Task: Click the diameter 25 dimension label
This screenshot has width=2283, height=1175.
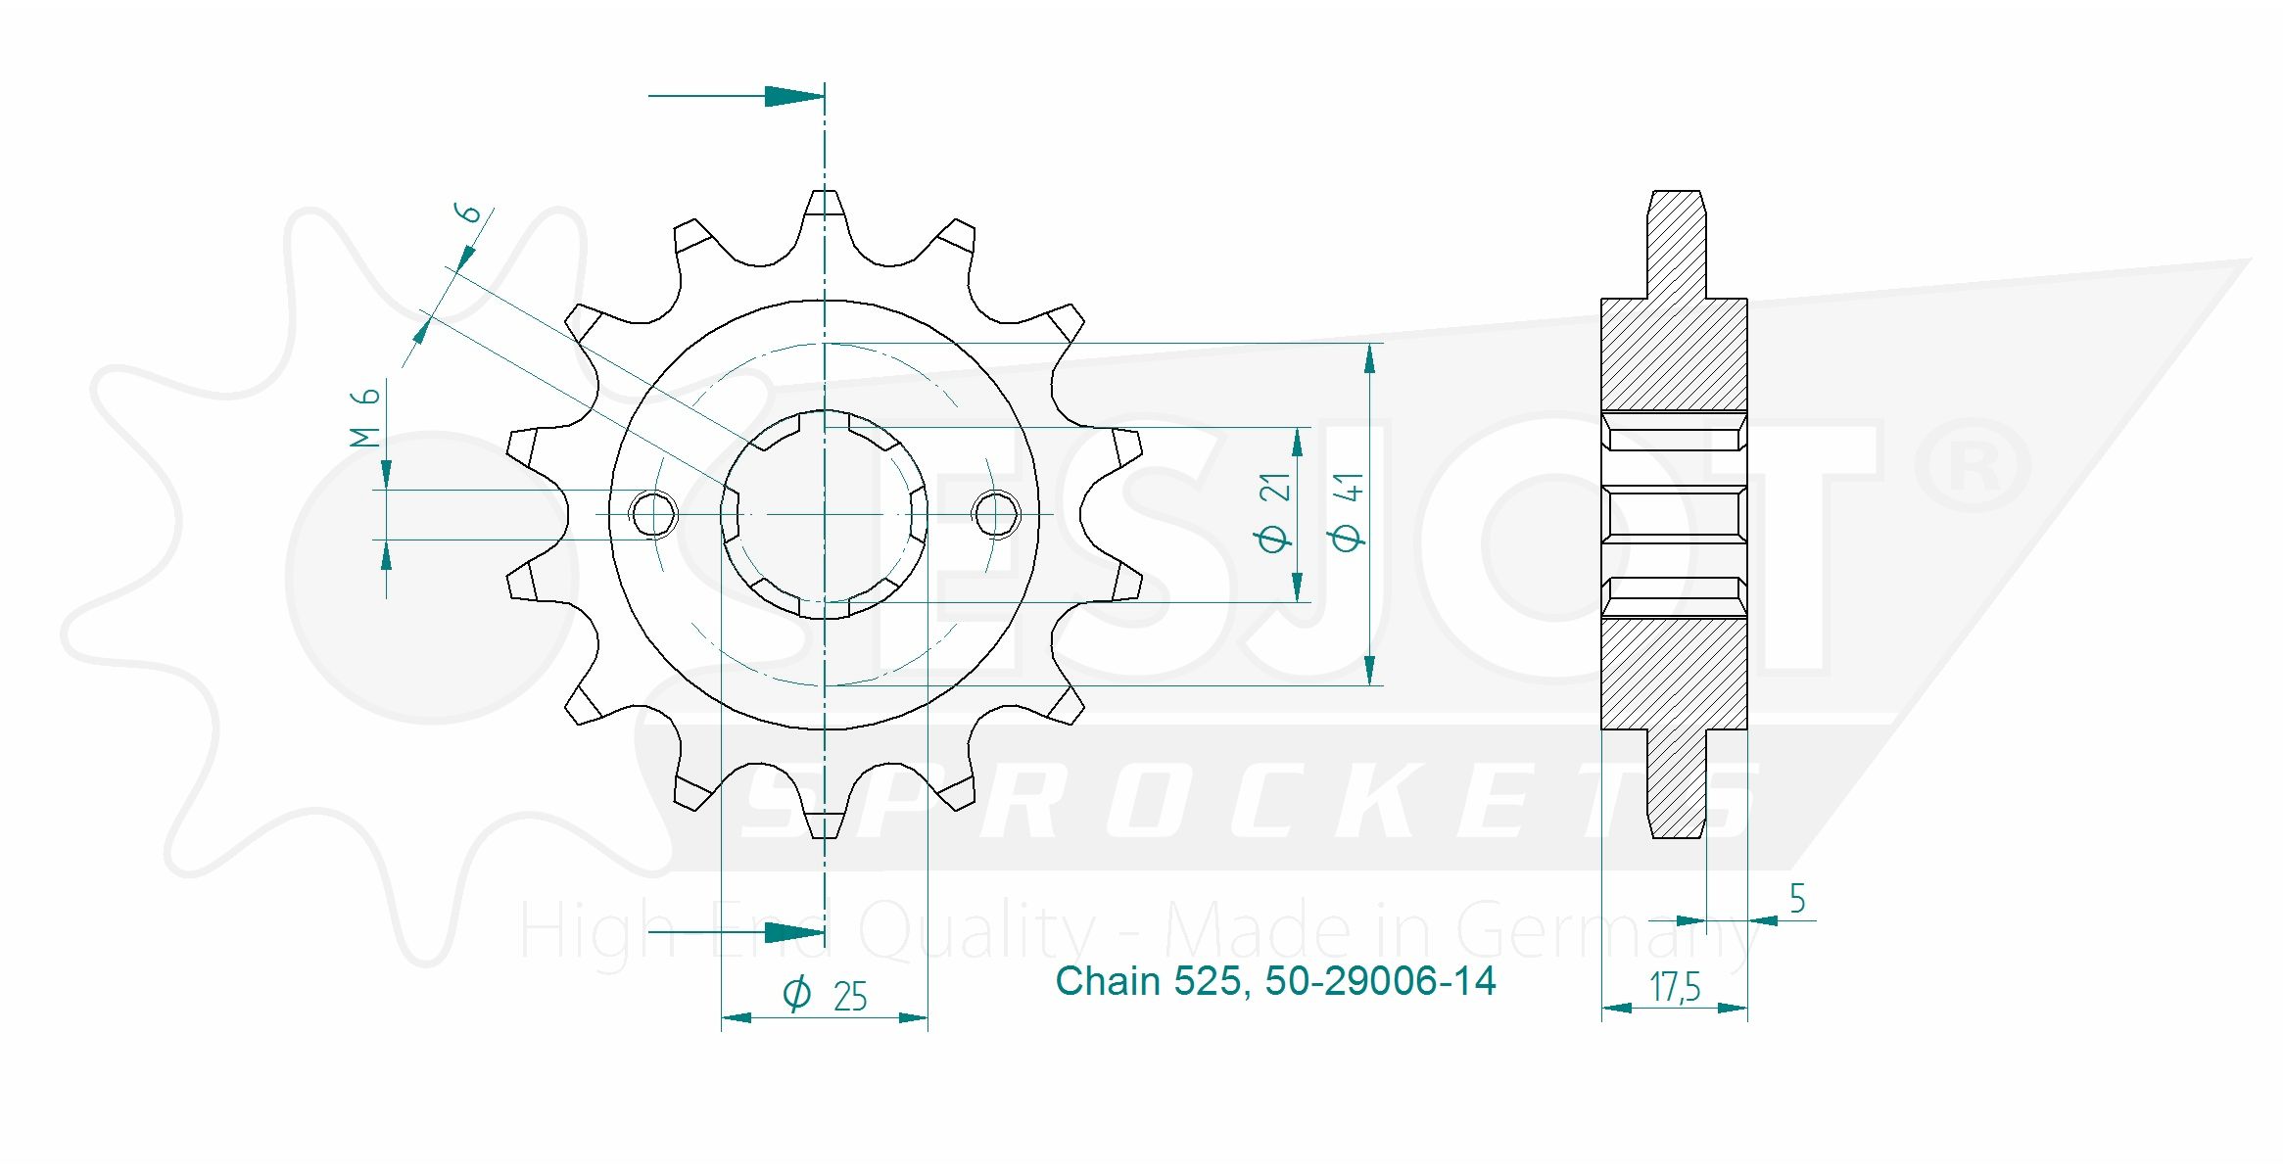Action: pyautogui.click(x=825, y=995)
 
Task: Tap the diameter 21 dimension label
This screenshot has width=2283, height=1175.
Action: pyautogui.click(x=1273, y=512)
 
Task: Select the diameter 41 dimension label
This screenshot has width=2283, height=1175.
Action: pyautogui.click(x=1347, y=512)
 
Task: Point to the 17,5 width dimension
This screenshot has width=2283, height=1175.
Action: pyautogui.click(x=1675, y=987)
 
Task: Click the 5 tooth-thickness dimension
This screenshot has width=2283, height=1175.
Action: pyautogui.click(x=1797, y=898)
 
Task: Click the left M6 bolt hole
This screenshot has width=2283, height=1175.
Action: pyautogui.click(x=653, y=514)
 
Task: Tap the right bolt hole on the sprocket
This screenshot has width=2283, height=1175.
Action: pyautogui.click(x=996, y=514)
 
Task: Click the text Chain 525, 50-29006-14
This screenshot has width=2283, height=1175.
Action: pyautogui.click(x=1275, y=981)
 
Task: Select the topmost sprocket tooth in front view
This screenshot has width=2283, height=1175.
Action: pyautogui.click(x=825, y=211)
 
